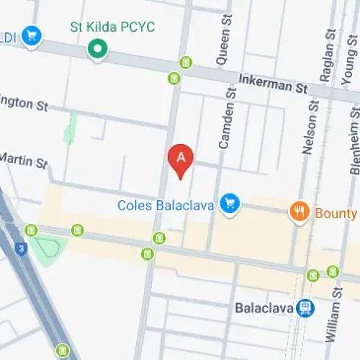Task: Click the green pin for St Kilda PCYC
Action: [96, 50]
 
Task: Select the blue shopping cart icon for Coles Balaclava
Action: [230, 204]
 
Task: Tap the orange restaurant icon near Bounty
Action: [299, 212]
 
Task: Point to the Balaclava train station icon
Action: [306, 308]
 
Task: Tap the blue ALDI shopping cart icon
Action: [31, 35]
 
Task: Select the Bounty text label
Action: [336, 213]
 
